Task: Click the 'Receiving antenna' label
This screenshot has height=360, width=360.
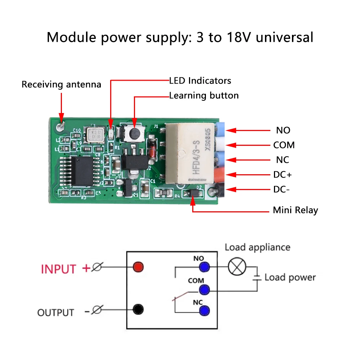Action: pyautogui.click(x=61, y=85)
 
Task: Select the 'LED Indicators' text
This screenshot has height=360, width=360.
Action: pyautogui.click(x=200, y=80)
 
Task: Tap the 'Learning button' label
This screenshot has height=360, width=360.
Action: pyautogui.click(x=204, y=96)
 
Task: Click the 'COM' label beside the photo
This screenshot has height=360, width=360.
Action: pyautogui.click(x=284, y=145)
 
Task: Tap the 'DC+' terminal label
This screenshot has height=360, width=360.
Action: pyautogui.click(x=283, y=175)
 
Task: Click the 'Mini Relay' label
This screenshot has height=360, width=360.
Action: pyautogui.click(x=295, y=210)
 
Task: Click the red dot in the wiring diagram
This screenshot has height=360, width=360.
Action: pyautogui.click(x=138, y=267)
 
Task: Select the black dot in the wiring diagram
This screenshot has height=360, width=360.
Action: pyautogui.click(x=138, y=309)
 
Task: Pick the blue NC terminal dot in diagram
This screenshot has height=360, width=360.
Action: pyautogui.click(x=204, y=310)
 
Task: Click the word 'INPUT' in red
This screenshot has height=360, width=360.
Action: pyautogui.click(x=59, y=269)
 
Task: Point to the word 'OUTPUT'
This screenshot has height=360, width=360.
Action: pyautogui.click(x=56, y=312)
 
